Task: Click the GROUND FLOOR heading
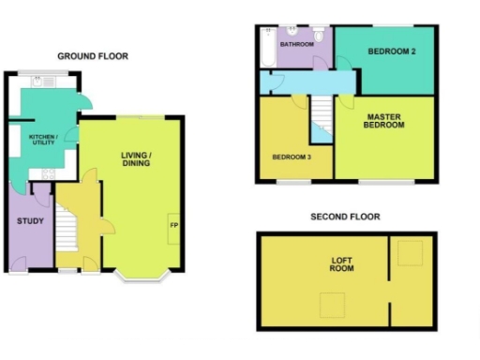(x=93, y=56)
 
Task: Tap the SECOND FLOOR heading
(x=345, y=217)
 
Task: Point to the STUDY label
(x=30, y=221)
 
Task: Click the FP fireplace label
(x=173, y=226)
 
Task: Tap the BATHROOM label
(x=294, y=43)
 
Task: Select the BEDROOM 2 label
(x=391, y=52)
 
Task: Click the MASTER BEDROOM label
(x=384, y=121)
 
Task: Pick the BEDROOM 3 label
(x=292, y=157)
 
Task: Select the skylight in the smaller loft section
(x=411, y=252)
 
